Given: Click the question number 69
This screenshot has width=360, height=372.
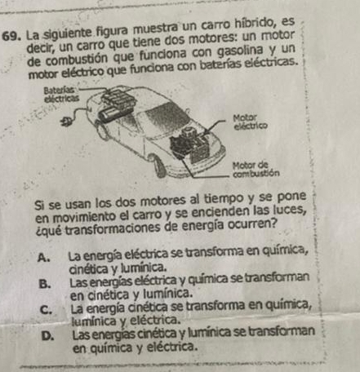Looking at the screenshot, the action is [x=11, y=35].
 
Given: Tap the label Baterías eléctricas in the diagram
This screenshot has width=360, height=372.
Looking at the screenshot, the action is [x=61, y=94].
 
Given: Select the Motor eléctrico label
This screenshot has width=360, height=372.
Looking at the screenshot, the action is [x=251, y=122].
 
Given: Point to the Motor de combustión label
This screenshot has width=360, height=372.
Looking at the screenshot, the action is [x=256, y=169].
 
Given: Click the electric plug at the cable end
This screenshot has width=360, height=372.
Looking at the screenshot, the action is [x=67, y=121].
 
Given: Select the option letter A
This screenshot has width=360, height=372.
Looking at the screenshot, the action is [x=43, y=257].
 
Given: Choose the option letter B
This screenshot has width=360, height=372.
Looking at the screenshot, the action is [x=45, y=284].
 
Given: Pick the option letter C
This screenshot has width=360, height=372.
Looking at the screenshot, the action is [x=46, y=310].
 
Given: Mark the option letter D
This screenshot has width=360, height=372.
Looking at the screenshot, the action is [x=47, y=336].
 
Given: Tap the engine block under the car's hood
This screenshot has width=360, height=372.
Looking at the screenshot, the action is [x=190, y=145].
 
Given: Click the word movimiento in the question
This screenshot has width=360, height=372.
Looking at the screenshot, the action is [x=76, y=217].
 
